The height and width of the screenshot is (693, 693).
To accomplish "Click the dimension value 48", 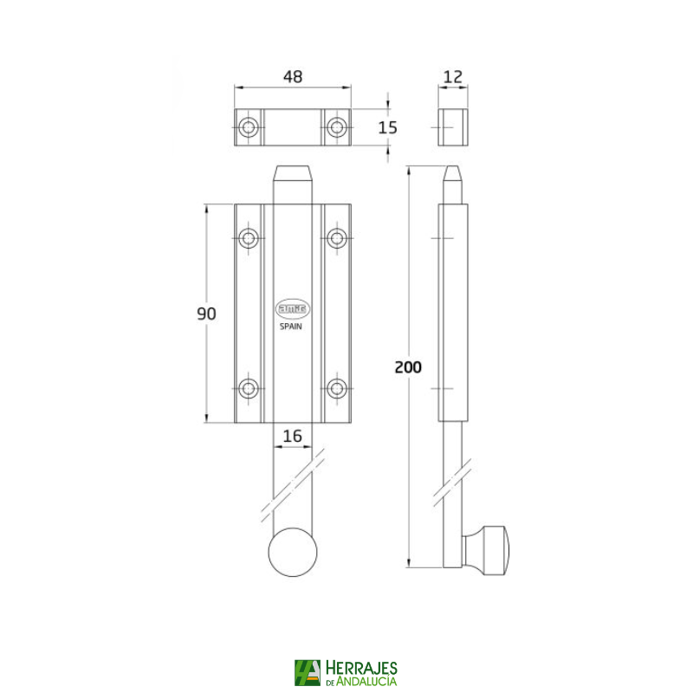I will [x=293, y=76].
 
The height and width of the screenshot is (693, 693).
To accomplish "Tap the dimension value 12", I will [x=452, y=76].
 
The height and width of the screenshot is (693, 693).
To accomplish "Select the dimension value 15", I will [x=387, y=127].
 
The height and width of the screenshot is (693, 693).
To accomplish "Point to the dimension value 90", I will [x=206, y=314].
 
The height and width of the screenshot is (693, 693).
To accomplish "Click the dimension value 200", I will [x=407, y=366].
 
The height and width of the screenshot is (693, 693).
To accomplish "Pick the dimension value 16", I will [x=293, y=436].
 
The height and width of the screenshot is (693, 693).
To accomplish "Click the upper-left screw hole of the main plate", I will [x=249, y=237].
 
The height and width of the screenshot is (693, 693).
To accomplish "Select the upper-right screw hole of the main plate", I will [x=337, y=237].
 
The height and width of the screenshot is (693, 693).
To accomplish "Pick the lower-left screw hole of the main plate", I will [x=249, y=388].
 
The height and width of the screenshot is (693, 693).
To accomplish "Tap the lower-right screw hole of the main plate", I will [x=337, y=388].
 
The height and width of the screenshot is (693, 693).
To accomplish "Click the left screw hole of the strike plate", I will [x=249, y=128].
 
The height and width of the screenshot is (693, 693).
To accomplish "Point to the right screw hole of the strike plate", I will [x=337, y=128].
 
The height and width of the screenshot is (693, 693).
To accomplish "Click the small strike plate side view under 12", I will [x=452, y=128].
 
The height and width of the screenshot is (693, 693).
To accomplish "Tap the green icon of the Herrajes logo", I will [x=307, y=673].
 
